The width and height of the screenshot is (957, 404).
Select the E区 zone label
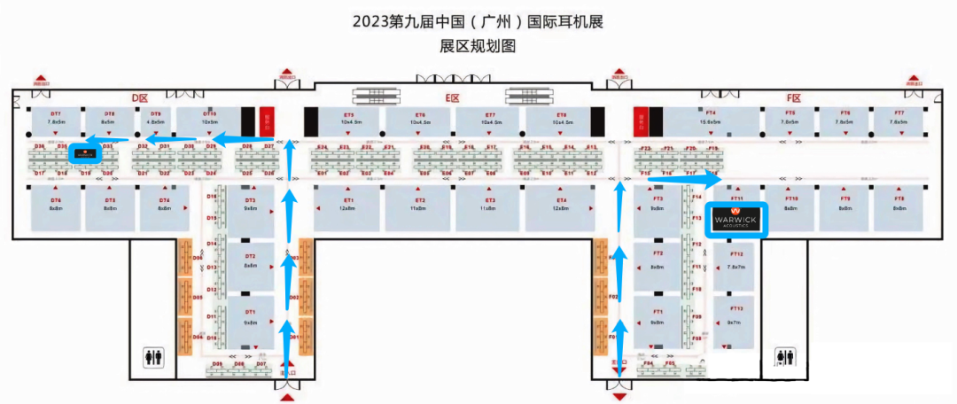454,98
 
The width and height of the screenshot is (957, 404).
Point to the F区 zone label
793,98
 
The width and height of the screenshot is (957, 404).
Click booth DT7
55,119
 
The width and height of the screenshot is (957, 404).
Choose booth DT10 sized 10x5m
209,119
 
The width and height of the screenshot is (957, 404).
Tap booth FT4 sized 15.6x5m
711,119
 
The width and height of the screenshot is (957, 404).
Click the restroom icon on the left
154,356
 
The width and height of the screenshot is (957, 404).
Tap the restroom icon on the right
784,356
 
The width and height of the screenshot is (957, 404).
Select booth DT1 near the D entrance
250,317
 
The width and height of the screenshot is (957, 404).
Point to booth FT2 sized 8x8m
657,261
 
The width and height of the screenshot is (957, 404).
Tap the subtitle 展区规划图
478,47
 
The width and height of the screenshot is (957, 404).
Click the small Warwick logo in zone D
85,153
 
